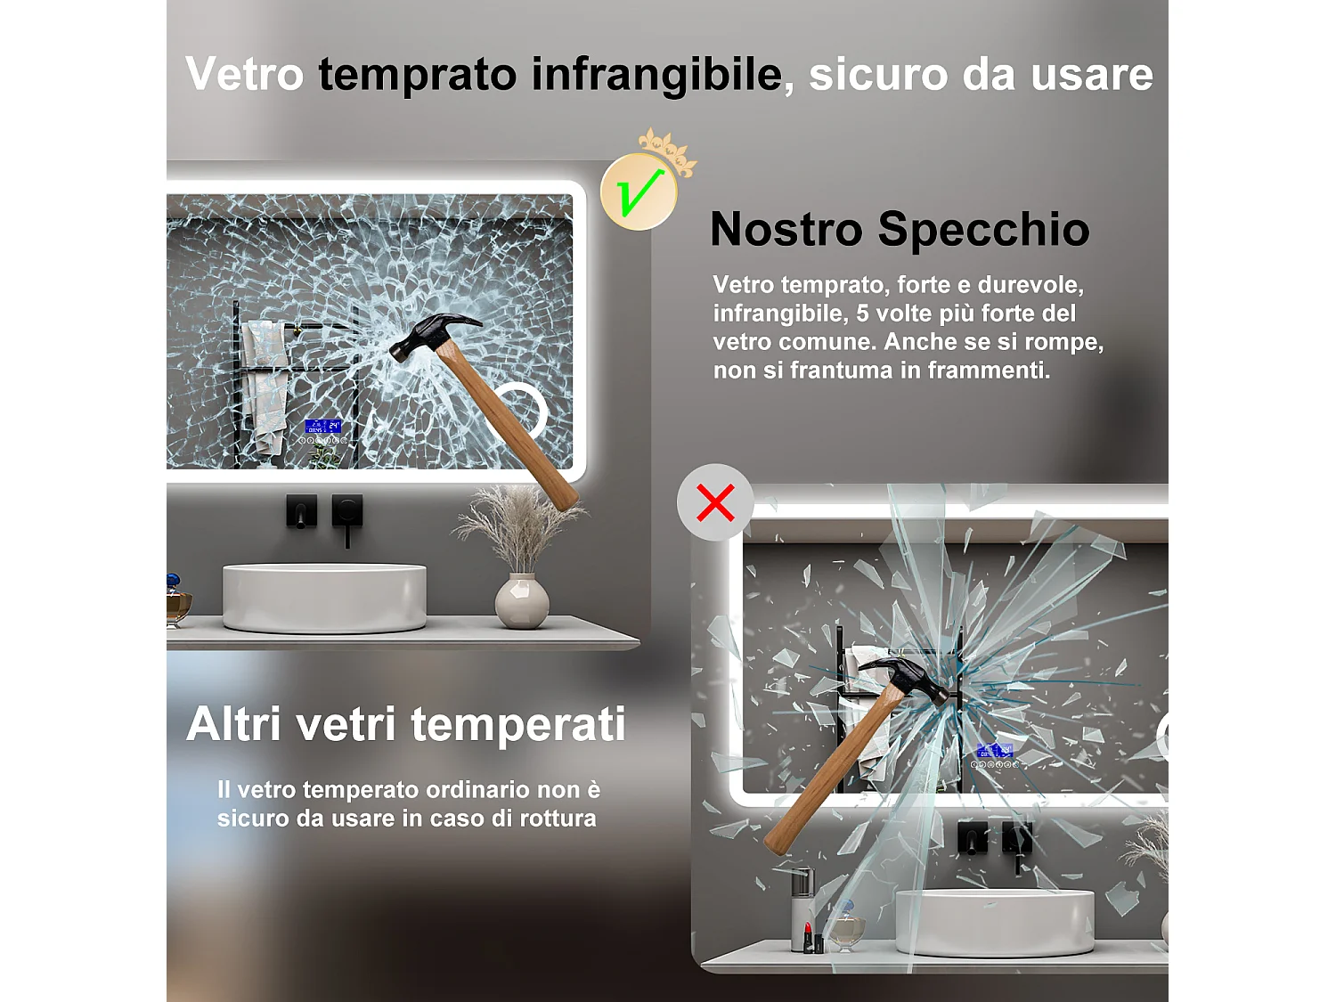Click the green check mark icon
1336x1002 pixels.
click(x=639, y=192)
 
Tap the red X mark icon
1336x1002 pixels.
click(x=715, y=502)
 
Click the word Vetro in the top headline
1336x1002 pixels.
click(x=245, y=74)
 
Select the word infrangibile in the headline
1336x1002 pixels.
click(x=656, y=74)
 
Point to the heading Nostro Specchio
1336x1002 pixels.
click(x=900, y=229)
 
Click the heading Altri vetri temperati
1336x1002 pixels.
click(x=406, y=723)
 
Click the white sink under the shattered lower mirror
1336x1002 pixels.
click(x=994, y=921)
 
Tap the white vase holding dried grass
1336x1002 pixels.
click(x=522, y=601)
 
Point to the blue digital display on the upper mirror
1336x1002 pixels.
click(x=322, y=427)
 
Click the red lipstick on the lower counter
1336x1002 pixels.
click(x=809, y=937)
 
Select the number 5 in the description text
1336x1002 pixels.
click(x=862, y=314)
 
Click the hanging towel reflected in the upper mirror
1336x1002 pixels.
click(x=265, y=383)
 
